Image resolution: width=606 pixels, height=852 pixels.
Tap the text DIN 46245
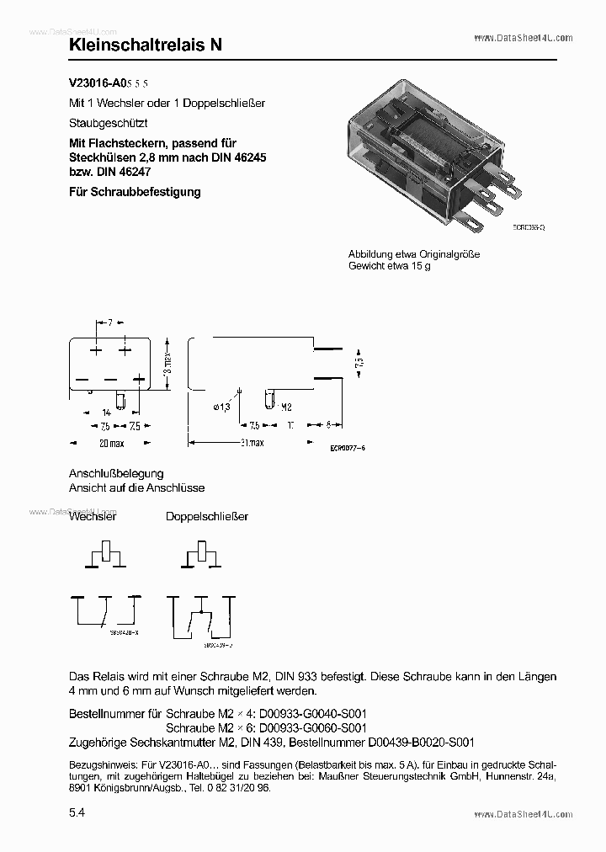pos(236,157)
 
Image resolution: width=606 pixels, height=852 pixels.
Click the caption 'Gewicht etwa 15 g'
pos(389,265)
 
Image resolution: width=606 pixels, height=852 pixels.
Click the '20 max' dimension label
pos(111,443)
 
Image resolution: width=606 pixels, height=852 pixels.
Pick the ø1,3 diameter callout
pos(221,407)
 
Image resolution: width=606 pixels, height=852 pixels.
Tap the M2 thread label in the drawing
pos(285,407)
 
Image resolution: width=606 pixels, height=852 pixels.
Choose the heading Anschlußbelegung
pos(116,473)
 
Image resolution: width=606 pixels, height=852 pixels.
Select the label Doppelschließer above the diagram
pos(206,516)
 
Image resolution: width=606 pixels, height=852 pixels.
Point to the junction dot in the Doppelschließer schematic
pos(200,607)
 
